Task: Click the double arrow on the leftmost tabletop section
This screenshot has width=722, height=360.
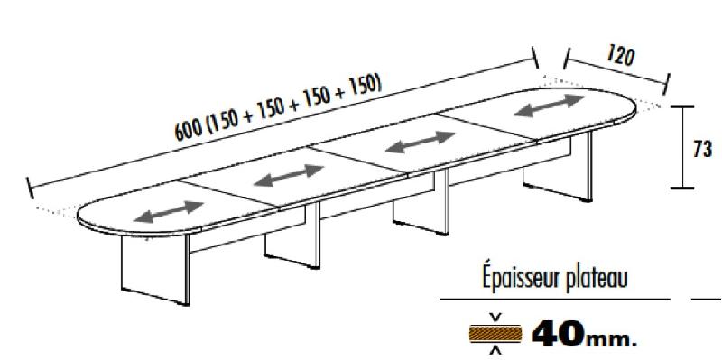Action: coord(168,210)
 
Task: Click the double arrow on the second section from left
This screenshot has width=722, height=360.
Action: coord(287,175)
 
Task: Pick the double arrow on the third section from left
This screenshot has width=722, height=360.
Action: coord(418,143)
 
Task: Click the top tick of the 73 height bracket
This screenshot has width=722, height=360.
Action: coord(682,107)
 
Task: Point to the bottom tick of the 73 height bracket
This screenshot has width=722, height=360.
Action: coord(682,188)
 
